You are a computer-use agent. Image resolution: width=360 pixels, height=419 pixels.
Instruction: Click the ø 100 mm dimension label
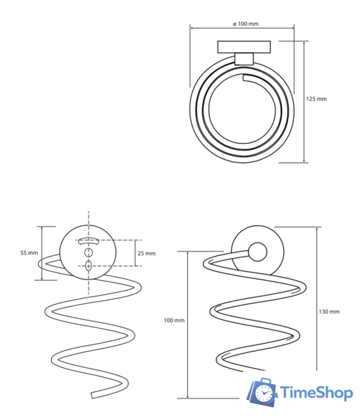[x=245, y=24]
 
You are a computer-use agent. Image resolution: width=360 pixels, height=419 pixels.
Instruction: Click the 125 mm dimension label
[x=316, y=99]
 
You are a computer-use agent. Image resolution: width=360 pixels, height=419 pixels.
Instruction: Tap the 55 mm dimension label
[x=29, y=253]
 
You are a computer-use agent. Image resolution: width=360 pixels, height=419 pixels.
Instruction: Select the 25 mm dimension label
[x=147, y=253]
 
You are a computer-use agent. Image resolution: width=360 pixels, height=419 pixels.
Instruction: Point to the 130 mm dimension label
[x=329, y=312]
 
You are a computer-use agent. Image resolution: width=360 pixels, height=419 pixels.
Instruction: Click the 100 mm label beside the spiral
[x=174, y=320]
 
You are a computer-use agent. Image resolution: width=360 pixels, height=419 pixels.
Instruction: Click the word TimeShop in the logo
[x=316, y=393]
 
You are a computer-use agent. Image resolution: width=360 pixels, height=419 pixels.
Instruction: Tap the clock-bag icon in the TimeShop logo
[x=262, y=392]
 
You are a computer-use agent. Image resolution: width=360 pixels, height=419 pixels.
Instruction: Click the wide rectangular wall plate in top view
[x=244, y=47]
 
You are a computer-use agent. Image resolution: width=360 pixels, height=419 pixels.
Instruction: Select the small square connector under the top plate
[x=244, y=59]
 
